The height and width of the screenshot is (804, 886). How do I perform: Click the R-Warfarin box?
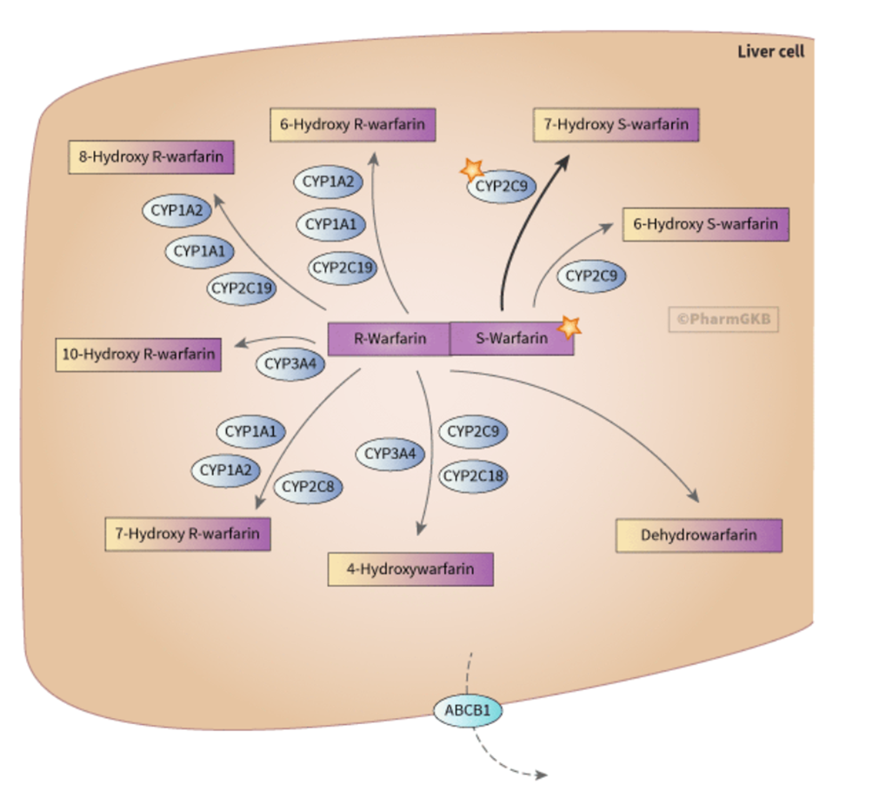[x=389, y=338]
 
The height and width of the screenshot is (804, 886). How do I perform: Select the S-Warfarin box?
[x=511, y=338]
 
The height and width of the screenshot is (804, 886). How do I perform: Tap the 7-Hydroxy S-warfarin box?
[x=616, y=125]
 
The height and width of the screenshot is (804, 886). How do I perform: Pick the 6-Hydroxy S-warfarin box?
[x=705, y=224]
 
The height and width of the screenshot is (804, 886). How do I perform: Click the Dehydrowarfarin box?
[x=698, y=535]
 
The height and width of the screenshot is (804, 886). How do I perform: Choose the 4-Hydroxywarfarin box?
[x=410, y=569]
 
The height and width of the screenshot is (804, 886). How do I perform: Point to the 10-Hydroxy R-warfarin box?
[x=137, y=355]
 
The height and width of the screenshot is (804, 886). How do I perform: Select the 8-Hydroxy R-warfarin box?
[x=151, y=158]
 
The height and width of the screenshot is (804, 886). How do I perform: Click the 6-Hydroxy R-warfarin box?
[x=352, y=124]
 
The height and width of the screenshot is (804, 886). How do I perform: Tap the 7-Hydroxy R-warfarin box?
[x=187, y=534]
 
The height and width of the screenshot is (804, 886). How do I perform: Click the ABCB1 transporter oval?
[x=468, y=711]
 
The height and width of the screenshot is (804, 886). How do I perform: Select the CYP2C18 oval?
[x=474, y=476]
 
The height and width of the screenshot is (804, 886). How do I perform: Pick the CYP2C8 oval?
[x=309, y=487]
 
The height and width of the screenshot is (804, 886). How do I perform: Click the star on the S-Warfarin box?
[x=569, y=327]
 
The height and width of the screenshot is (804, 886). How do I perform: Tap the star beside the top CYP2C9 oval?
[x=472, y=169]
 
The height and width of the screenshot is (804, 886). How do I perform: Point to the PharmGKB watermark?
[x=723, y=319]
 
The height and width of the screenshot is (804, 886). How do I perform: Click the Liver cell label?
[x=770, y=51]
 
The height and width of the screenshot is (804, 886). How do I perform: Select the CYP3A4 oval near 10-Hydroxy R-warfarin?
[x=290, y=364]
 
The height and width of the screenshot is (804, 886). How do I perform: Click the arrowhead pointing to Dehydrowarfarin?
[x=694, y=497]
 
